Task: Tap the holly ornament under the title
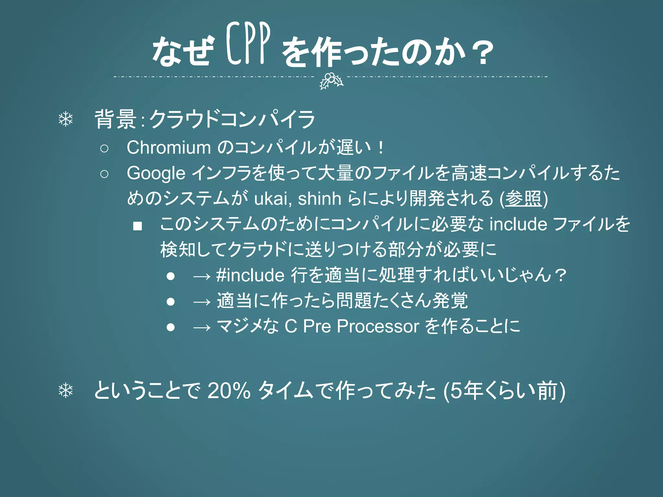coord(331,81)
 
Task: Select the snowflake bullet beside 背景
coord(66,119)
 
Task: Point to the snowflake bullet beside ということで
coord(66,391)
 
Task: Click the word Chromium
coord(169,148)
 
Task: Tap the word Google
coord(156,173)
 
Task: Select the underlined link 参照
coord(523,198)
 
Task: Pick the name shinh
coord(319,198)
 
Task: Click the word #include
coord(250,275)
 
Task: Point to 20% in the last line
coord(229,391)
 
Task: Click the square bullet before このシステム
coord(138,226)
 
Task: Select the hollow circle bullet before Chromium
coord(104,149)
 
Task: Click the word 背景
coord(115,119)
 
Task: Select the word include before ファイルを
coord(518,224)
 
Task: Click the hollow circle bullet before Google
coord(104,174)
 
